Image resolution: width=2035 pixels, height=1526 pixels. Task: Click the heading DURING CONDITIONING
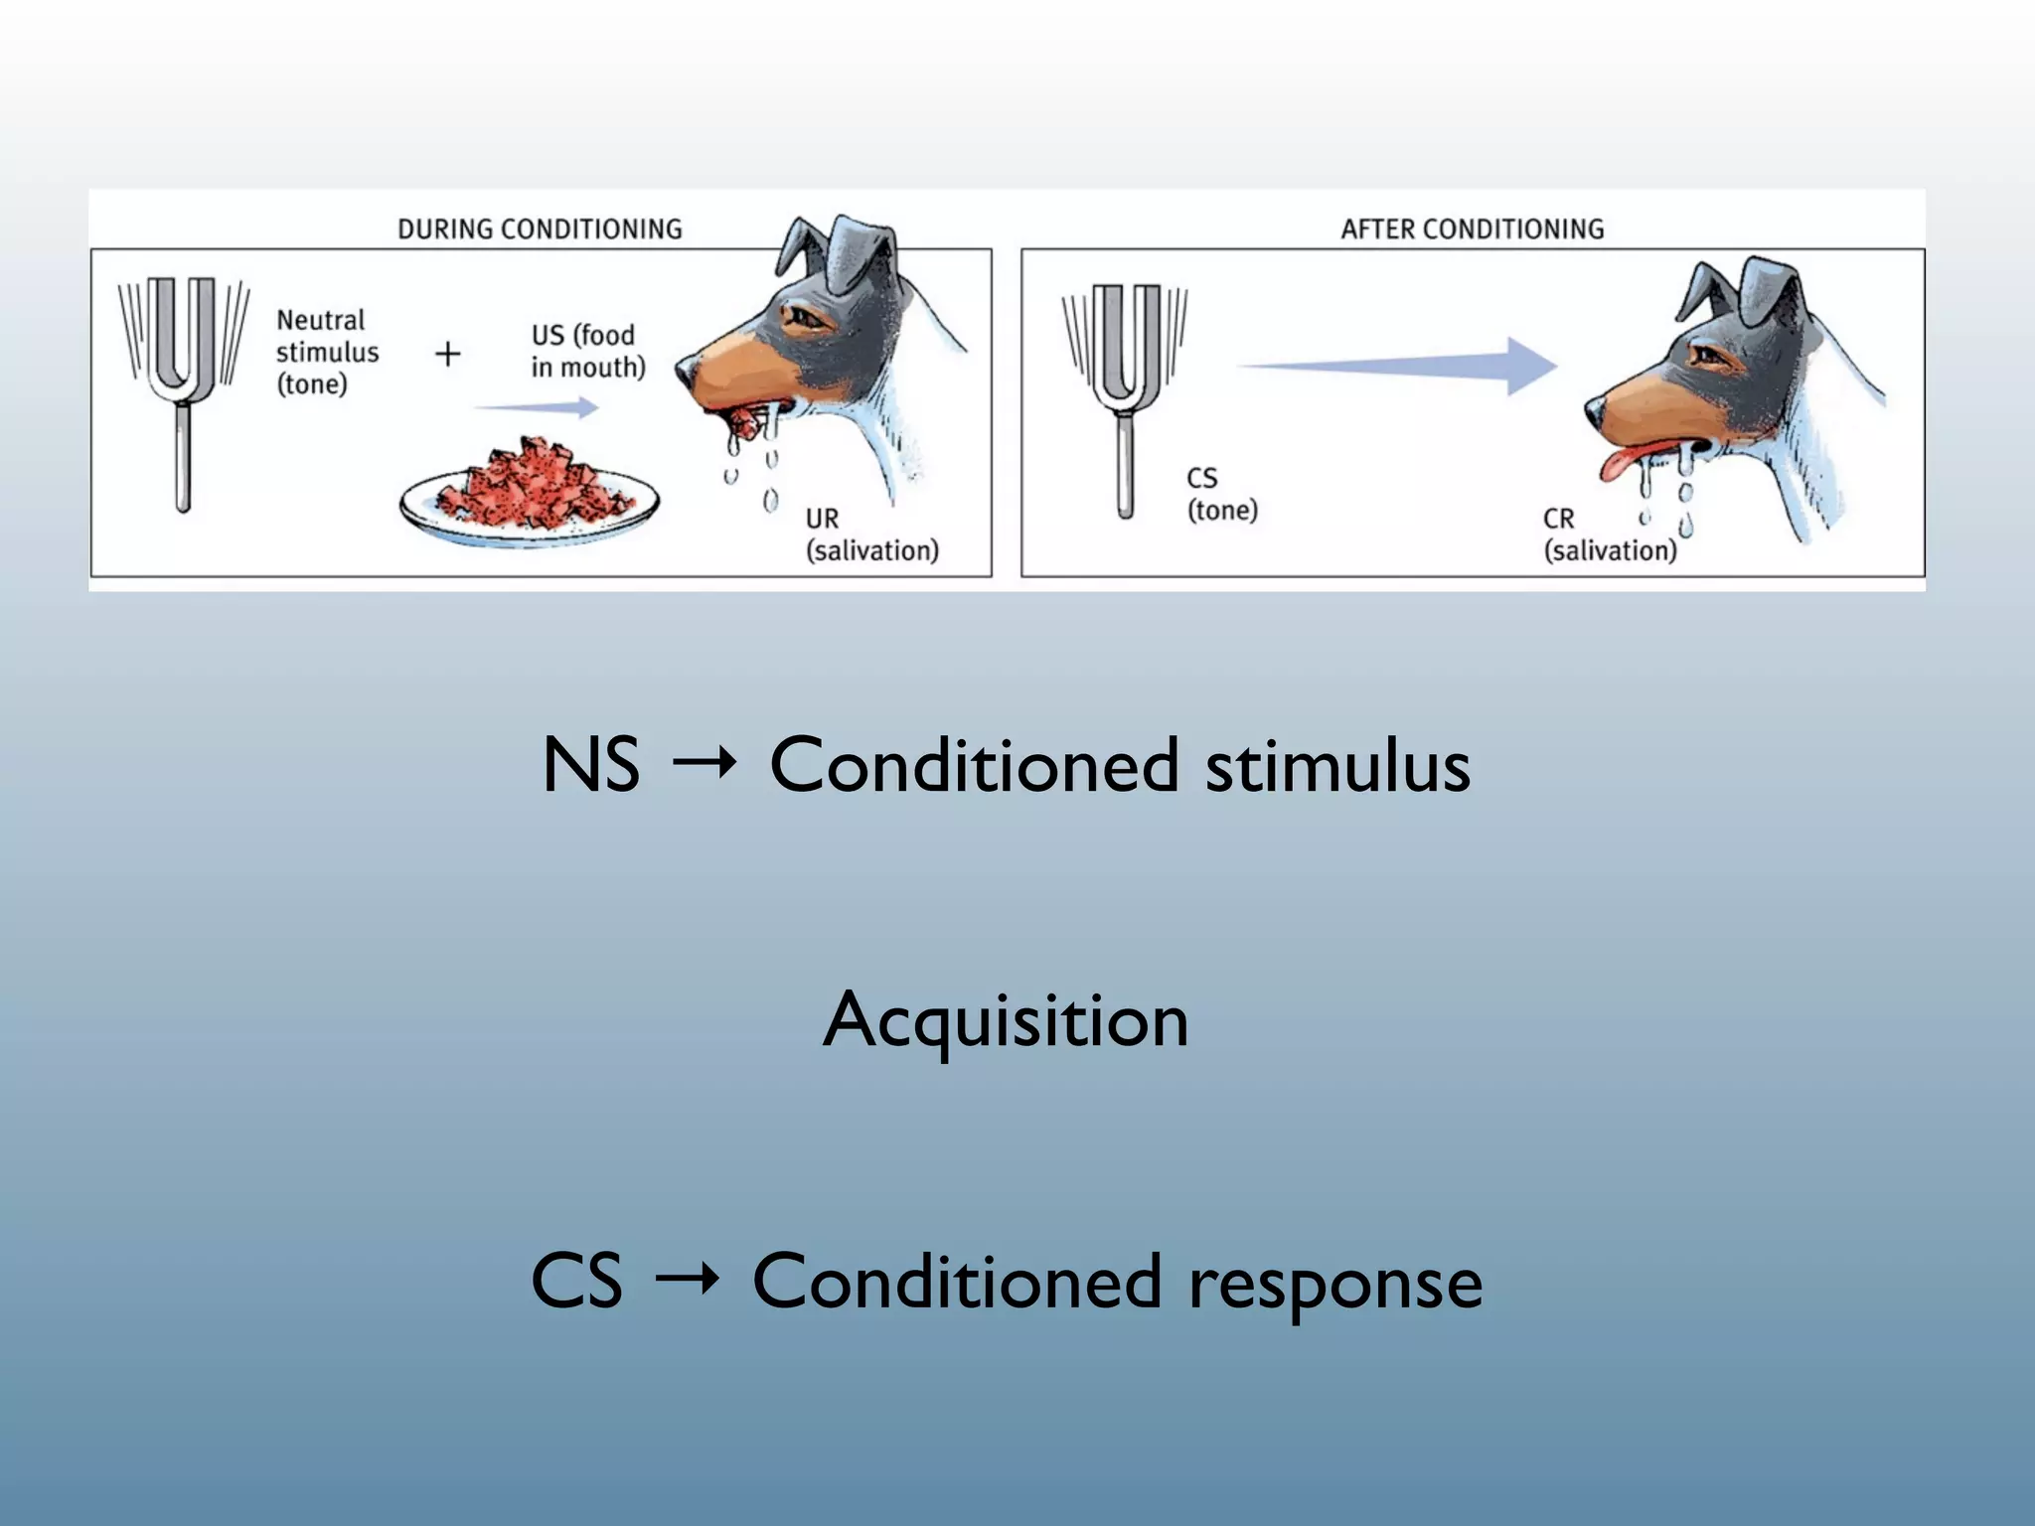click(x=540, y=229)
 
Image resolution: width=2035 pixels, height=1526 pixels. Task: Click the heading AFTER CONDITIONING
click(x=1472, y=229)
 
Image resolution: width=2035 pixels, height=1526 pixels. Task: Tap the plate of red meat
click(x=529, y=493)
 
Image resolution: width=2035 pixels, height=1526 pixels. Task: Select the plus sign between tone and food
click(x=448, y=354)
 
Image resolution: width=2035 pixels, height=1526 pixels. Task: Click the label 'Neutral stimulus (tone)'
click(x=327, y=352)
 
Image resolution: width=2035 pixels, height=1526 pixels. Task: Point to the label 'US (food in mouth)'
click(x=587, y=351)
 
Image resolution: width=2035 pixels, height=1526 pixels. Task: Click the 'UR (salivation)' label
click(x=871, y=534)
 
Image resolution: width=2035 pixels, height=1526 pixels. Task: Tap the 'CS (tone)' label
click(x=1221, y=494)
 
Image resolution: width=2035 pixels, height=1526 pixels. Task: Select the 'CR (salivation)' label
click(x=1609, y=534)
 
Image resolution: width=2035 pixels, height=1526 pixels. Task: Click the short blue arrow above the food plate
click(x=536, y=407)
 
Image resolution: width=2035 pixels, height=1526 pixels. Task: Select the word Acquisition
click(x=1006, y=1020)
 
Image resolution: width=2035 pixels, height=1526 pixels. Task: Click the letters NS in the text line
click(x=591, y=765)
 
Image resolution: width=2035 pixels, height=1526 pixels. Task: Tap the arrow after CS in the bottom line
click(x=687, y=1279)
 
